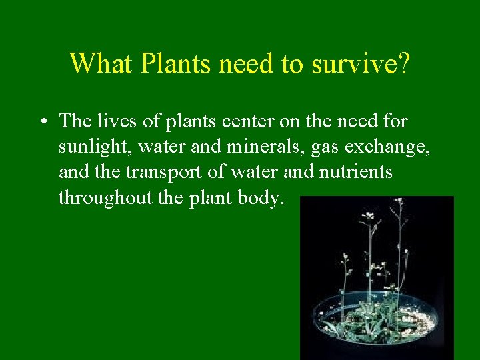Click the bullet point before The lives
click(43, 122)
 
